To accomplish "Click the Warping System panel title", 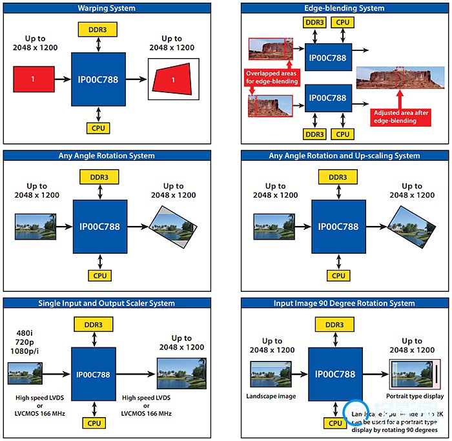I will (107, 8).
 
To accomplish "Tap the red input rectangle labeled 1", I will (32, 79).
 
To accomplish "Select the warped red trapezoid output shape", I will (172, 79).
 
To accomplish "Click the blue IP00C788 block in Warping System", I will (98, 79).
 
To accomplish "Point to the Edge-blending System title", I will (344, 8).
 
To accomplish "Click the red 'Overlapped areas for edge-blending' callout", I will (271, 77).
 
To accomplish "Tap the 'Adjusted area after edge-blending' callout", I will (400, 116).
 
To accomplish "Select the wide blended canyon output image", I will (398, 77).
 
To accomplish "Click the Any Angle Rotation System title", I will (107, 156).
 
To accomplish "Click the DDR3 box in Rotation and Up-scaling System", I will (338, 177).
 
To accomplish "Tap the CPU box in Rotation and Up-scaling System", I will (338, 275).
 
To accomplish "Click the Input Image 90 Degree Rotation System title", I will (344, 303).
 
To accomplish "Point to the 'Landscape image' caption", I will (271, 396).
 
